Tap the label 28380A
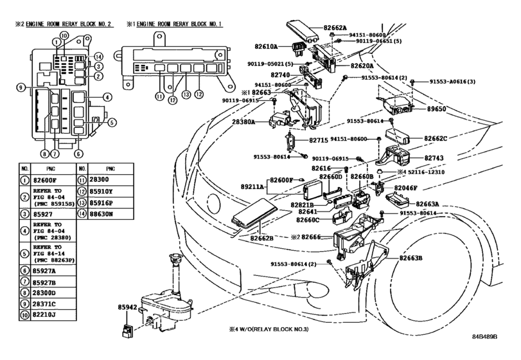pyautogui.click(x=243, y=121)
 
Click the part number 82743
pyautogui.click(x=418, y=157)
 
